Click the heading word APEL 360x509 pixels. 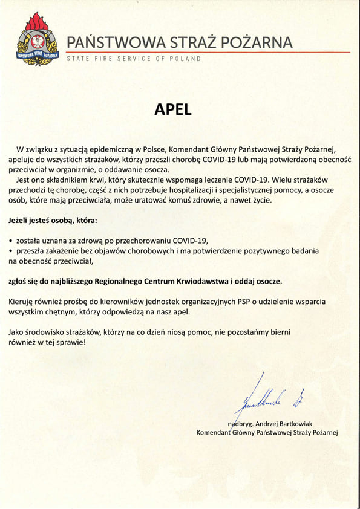(172, 109)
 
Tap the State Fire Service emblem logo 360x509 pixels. (38, 40)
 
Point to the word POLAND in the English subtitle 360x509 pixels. (183, 59)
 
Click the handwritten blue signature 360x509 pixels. (266, 397)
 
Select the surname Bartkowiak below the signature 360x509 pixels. (307, 423)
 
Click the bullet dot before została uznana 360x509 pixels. (11, 240)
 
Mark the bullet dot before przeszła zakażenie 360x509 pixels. (11, 250)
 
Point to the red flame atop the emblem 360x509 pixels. (39, 22)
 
